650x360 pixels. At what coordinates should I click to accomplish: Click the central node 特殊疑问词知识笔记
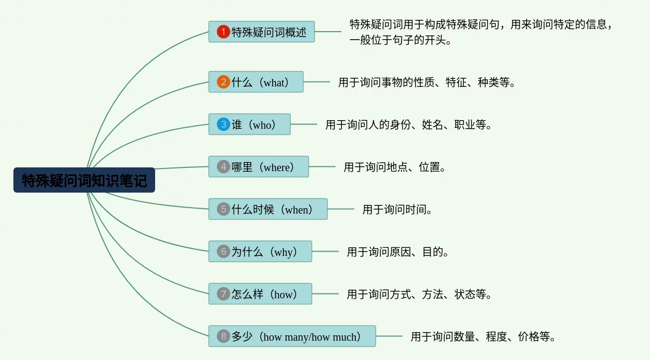point(84,180)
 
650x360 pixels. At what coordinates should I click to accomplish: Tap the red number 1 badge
point(223,32)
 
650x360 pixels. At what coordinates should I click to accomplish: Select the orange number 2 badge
point(223,82)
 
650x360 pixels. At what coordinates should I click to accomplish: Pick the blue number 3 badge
point(223,124)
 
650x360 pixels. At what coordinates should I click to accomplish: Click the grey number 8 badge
point(223,336)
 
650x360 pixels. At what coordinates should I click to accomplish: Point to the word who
point(262,125)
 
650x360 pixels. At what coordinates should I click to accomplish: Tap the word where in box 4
point(276,167)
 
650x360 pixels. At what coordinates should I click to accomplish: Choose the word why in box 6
point(284,252)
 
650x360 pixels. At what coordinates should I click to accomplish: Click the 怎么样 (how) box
point(260,293)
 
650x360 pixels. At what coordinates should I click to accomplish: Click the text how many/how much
point(310,337)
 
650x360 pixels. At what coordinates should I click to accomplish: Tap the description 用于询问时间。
point(397,209)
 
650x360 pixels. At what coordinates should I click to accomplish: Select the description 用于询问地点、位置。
point(395,167)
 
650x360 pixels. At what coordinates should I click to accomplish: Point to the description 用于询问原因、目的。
point(398,252)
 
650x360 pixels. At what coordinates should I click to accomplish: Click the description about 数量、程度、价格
point(483,336)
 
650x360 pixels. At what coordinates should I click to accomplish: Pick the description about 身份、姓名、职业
point(408,124)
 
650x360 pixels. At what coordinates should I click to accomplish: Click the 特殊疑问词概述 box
point(261,32)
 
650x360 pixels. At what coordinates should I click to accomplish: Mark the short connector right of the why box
point(325,251)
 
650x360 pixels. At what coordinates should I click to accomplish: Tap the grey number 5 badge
point(223,209)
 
